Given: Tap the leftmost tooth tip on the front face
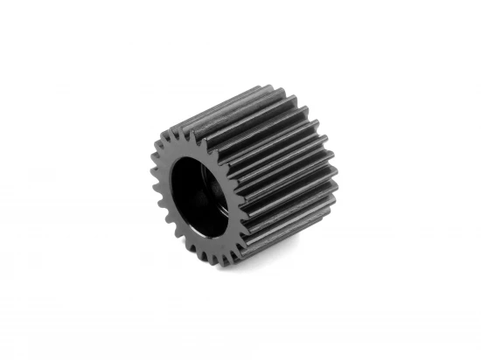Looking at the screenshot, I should (x=141, y=163).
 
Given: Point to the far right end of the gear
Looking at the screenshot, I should (x=337, y=188).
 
